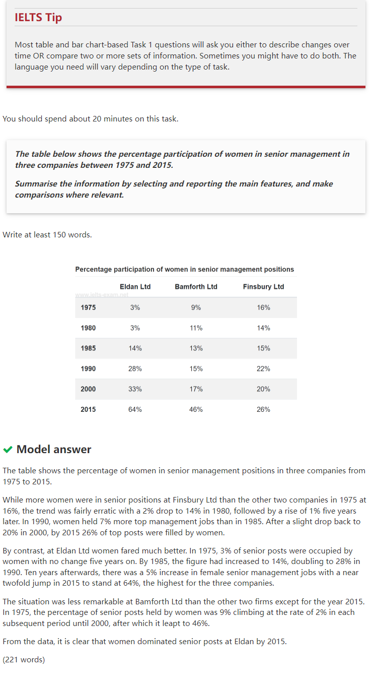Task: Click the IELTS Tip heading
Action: click(x=38, y=18)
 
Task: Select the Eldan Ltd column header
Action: click(x=135, y=287)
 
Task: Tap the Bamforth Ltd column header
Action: click(x=196, y=287)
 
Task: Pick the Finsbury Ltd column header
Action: click(x=263, y=287)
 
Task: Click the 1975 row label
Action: click(x=88, y=307)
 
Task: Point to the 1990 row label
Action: click(x=88, y=369)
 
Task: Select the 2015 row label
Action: click(x=88, y=410)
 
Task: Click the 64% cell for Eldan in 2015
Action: click(x=135, y=410)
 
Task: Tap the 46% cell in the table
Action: click(x=196, y=410)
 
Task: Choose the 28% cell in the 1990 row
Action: click(x=135, y=369)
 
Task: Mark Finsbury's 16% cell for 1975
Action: click(x=263, y=307)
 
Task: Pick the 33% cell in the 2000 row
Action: click(x=135, y=389)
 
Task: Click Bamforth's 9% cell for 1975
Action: click(x=196, y=307)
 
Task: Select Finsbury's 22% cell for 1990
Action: click(x=263, y=369)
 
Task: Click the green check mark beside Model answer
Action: click(x=8, y=449)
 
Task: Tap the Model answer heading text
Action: click(x=54, y=449)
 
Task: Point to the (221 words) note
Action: click(x=24, y=659)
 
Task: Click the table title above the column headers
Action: click(x=185, y=269)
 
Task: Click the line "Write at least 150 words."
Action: click(x=47, y=235)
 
